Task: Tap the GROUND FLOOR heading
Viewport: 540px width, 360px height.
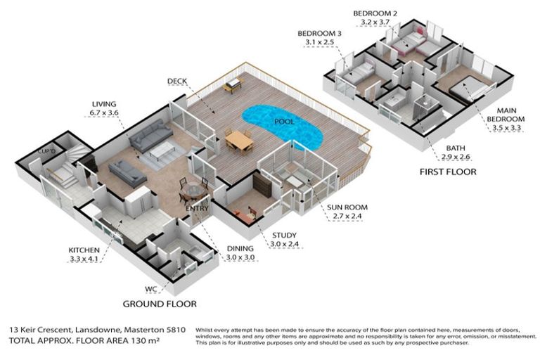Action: [159, 304]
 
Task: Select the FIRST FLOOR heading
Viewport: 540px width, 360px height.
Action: [448, 172]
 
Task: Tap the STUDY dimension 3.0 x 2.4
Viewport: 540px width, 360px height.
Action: [285, 244]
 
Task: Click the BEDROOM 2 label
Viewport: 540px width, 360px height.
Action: [375, 13]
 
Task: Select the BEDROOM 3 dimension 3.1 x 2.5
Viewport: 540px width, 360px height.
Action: [320, 43]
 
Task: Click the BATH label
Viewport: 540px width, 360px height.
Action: [456, 148]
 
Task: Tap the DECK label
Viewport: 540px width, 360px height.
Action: [176, 81]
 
